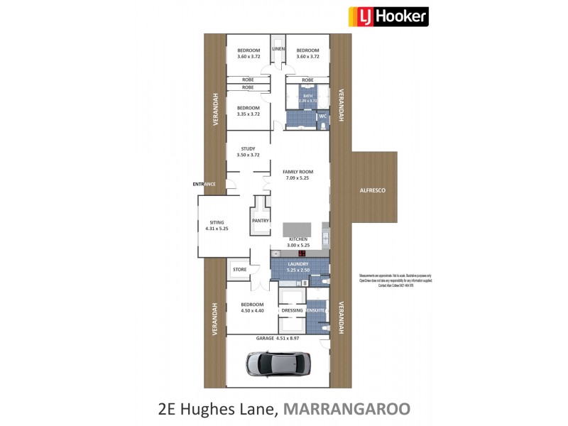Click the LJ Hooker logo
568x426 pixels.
point(387,16)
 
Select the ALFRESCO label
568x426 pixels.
point(372,191)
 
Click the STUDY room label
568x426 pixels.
point(248,149)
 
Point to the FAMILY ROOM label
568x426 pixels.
point(297,173)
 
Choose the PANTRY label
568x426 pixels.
point(260,220)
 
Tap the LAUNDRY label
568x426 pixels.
point(297,263)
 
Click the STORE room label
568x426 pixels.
point(239,269)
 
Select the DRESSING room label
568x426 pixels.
point(293,310)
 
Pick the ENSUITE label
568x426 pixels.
point(316,310)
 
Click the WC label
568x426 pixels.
point(322,116)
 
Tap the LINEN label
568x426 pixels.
point(278,48)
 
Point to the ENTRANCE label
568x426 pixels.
point(204,185)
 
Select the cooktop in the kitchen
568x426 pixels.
point(302,253)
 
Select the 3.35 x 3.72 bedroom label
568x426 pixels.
point(248,111)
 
